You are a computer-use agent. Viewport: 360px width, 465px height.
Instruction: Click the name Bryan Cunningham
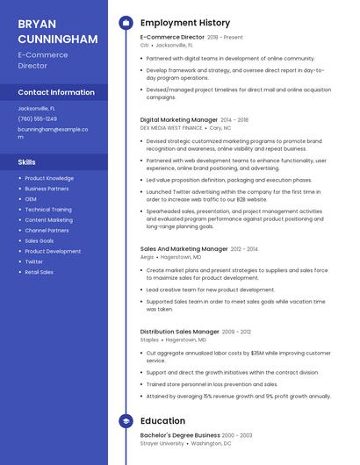click(x=57, y=31)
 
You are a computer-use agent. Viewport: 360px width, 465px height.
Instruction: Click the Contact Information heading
click(x=56, y=92)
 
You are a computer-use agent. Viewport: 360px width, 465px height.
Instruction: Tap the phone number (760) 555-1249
click(x=37, y=118)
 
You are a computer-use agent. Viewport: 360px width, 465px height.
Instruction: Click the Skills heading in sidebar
click(x=27, y=162)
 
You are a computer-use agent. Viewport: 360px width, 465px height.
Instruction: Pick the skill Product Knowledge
click(x=49, y=178)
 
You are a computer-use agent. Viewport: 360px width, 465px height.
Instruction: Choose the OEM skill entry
click(x=31, y=199)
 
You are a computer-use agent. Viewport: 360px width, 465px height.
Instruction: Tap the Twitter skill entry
click(x=33, y=261)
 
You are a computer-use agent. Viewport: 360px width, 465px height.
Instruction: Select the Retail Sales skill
click(x=39, y=272)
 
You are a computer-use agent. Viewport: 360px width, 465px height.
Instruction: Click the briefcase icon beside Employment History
click(x=125, y=23)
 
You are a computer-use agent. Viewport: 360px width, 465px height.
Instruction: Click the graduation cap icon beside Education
click(x=125, y=421)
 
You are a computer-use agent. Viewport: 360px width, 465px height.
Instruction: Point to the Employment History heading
click(x=185, y=23)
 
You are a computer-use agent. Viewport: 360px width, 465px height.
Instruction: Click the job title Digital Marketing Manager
click(x=179, y=119)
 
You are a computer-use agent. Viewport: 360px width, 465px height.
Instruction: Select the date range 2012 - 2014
click(x=245, y=249)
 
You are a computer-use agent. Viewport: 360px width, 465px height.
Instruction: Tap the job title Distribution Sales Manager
click(x=179, y=332)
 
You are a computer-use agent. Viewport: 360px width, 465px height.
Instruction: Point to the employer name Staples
click(x=149, y=340)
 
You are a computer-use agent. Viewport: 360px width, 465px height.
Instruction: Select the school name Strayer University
click(x=162, y=443)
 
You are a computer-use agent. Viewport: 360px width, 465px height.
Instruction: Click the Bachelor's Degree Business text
click(x=180, y=435)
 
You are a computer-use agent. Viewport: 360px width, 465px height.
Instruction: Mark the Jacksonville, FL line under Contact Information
click(x=37, y=108)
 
